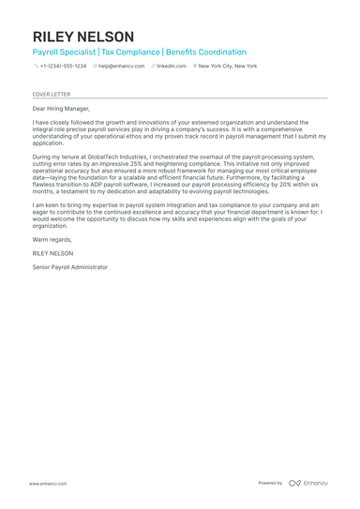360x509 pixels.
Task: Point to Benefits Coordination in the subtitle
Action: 206,52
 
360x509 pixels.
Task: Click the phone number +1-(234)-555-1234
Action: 63,67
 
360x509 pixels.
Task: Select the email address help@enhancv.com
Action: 122,67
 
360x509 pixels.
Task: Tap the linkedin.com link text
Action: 172,67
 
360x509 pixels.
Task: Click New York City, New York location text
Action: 228,67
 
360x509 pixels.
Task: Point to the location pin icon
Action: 195,67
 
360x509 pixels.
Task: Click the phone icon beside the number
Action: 36,67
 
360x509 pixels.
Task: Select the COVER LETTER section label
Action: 51,94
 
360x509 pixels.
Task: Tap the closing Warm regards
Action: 52,239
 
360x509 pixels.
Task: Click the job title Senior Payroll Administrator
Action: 69,267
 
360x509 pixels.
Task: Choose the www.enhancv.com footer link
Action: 47,483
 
